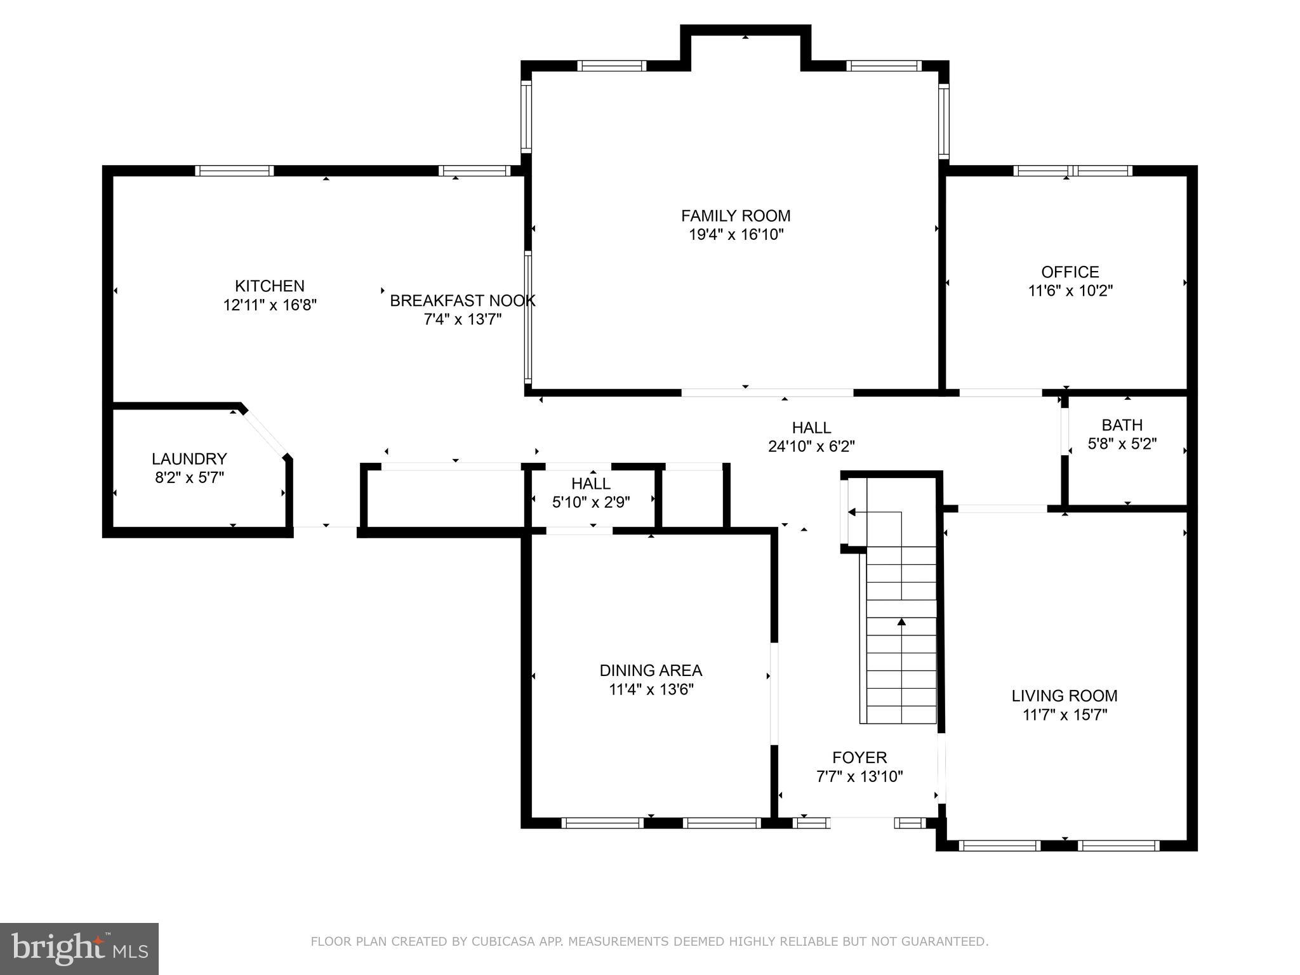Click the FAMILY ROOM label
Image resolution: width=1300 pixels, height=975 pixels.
(x=736, y=216)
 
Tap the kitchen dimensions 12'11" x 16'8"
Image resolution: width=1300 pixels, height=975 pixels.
(x=270, y=305)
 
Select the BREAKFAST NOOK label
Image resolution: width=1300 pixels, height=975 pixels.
(x=462, y=301)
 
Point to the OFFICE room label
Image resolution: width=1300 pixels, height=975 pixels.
(x=1070, y=272)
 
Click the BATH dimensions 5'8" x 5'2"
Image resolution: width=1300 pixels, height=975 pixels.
(x=1122, y=444)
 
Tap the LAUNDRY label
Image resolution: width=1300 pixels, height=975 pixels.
(x=189, y=459)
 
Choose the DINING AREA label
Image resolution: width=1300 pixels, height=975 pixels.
(x=651, y=670)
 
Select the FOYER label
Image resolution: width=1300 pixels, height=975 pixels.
(x=859, y=757)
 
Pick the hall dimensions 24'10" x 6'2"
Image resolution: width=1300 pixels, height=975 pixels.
(x=811, y=447)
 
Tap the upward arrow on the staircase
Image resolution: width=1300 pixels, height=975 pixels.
(x=901, y=622)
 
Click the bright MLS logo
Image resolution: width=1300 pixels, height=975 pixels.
(x=79, y=948)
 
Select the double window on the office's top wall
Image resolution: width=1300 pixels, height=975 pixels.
(x=1072, y=171)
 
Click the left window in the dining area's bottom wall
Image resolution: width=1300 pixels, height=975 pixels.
(x=602, y=823)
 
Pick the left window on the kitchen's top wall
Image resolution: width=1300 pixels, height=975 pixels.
(x=234, y=171)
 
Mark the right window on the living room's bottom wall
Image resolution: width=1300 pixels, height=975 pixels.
(x=1118, y=846)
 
